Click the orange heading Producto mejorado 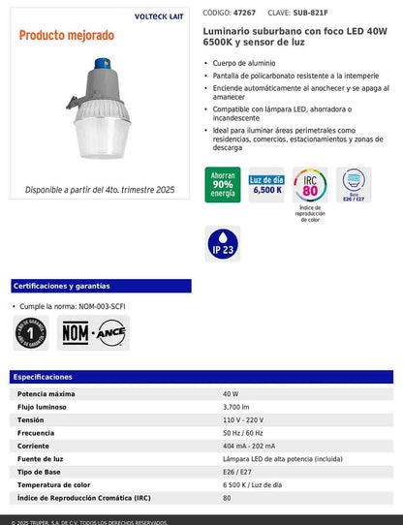[65, 36]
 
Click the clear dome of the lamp [108, 144]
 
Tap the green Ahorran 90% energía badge [222, 185]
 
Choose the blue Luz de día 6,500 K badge [266, 185]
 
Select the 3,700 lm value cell [237, 408]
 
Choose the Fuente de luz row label [43, 459]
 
